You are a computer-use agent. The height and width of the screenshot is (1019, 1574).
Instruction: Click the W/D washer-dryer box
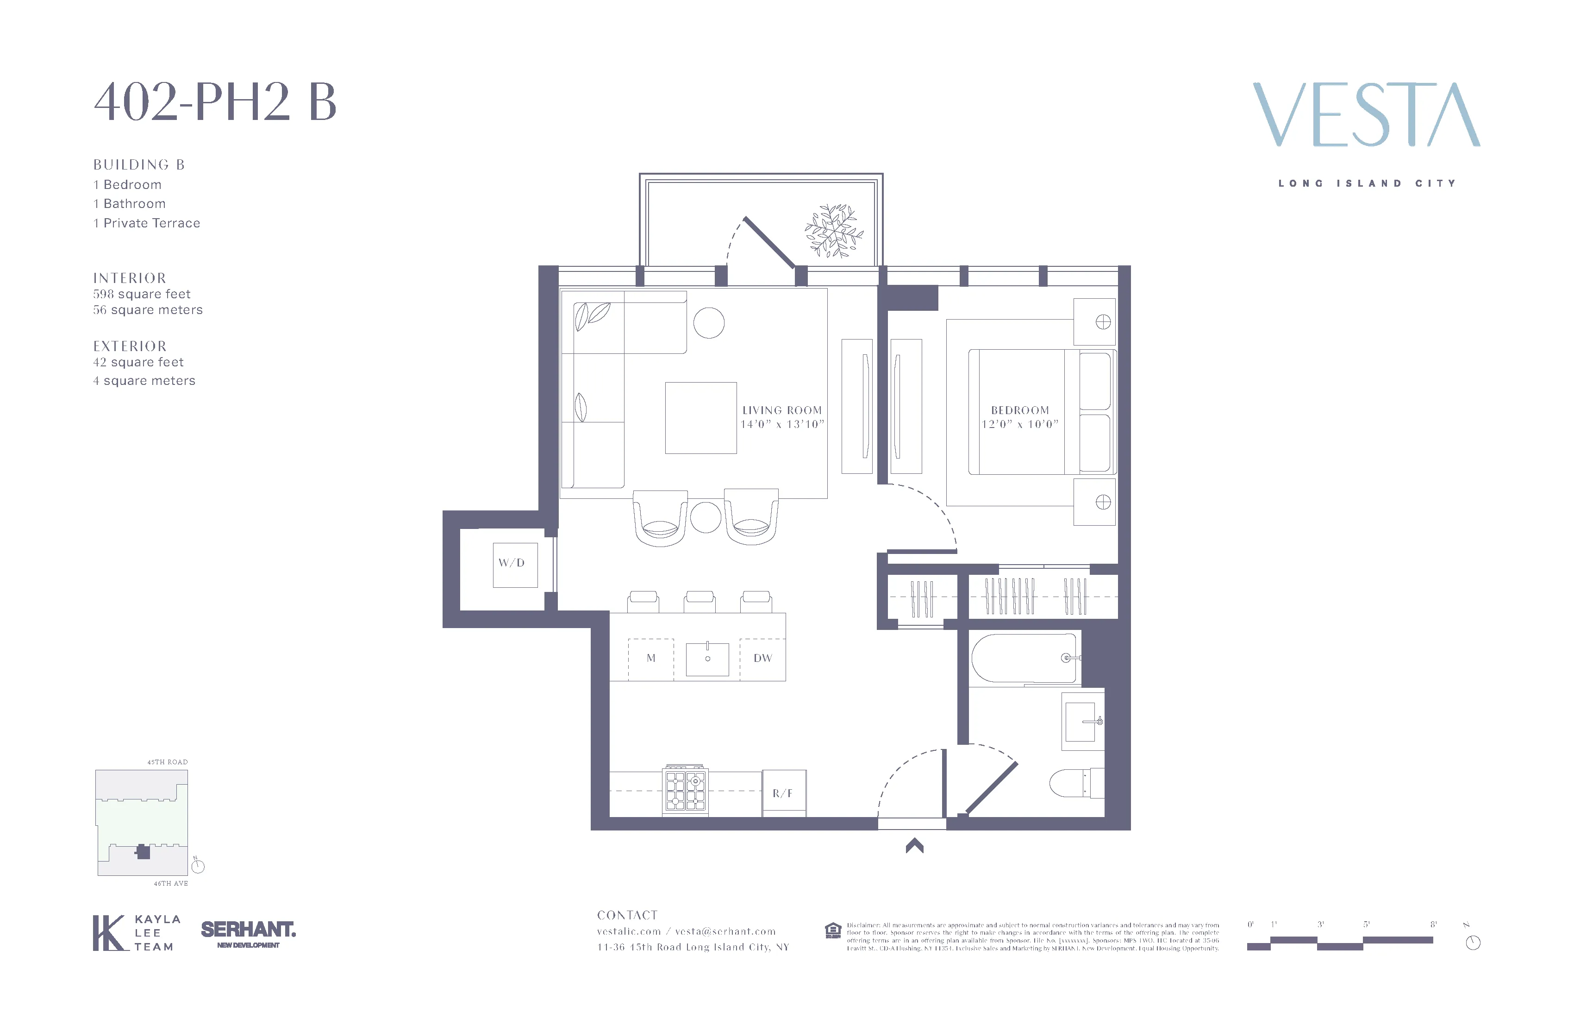514,564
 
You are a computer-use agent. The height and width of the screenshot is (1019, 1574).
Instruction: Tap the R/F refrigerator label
782,793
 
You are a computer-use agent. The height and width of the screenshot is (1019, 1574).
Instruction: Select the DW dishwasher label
762,658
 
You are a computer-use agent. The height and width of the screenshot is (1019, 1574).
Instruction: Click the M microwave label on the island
651,658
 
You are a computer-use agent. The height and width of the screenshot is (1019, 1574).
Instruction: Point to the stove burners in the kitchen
685,791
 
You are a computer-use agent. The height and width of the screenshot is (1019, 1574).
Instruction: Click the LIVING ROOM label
782,410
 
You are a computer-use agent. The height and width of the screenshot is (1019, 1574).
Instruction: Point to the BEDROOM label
1020,410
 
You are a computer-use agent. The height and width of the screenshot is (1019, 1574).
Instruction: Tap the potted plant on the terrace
833,230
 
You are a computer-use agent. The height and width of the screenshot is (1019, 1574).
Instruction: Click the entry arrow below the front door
915,846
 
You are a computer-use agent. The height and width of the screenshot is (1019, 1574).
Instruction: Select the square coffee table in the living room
700,418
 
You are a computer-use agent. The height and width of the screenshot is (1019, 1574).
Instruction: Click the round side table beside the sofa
708,323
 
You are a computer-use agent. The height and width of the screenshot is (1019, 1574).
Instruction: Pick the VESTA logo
1366,115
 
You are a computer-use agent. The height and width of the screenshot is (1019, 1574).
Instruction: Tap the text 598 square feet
142,294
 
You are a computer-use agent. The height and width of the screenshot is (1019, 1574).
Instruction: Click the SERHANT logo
248,931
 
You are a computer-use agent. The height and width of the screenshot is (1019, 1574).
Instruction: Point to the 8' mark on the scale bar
1433,925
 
